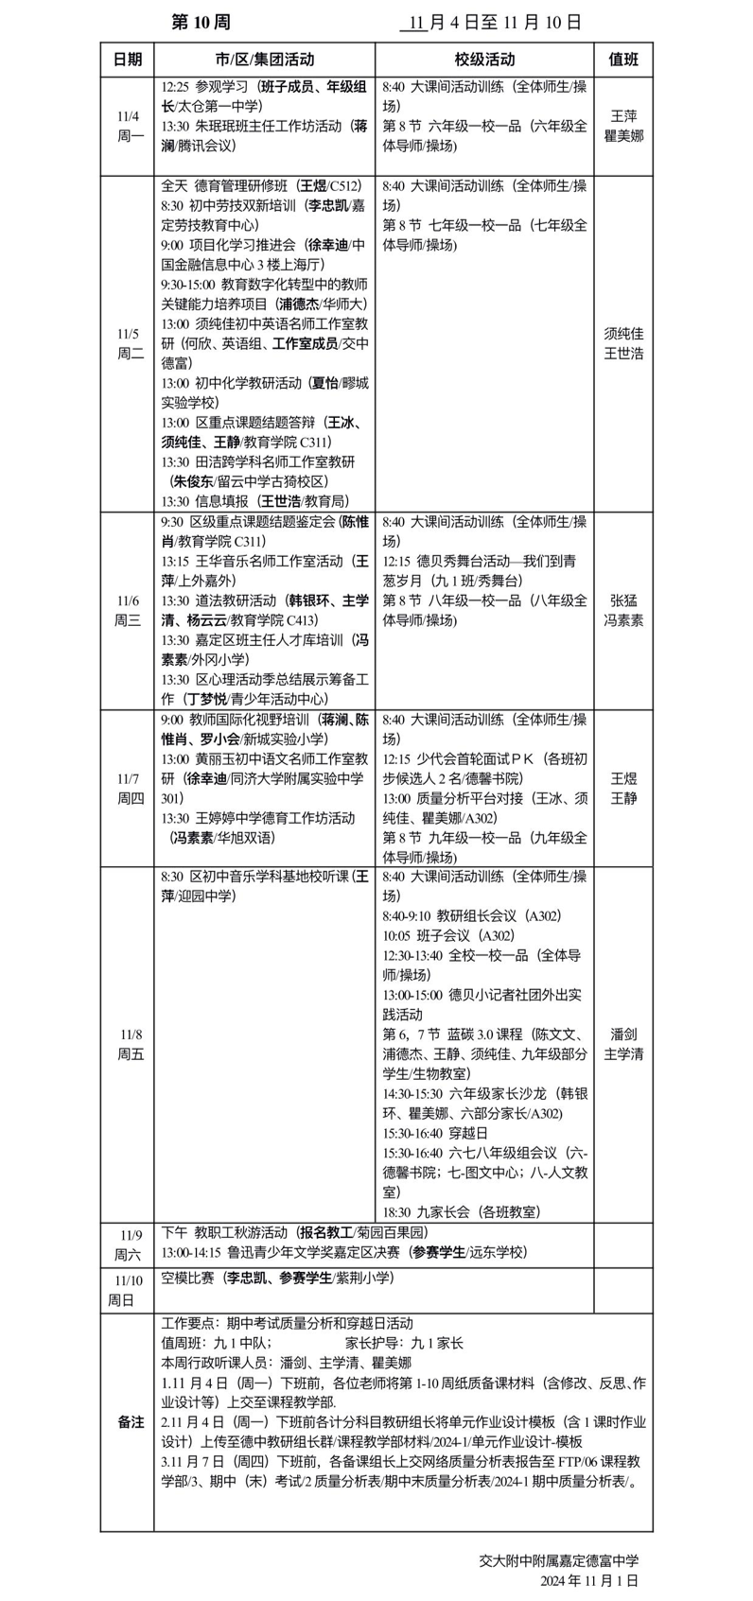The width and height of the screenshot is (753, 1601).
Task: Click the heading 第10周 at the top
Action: coord(200,22)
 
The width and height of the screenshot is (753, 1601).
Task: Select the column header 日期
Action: coord(128,59)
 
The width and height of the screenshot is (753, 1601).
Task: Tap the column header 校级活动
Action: coord(484,59)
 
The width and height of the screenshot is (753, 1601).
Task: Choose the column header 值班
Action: coord(623,59)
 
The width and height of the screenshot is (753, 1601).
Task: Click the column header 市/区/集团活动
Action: coord(264,59)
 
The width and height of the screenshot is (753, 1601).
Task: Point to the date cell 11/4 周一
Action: coord(128,126)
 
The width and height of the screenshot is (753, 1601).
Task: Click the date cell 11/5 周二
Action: coord(129,343)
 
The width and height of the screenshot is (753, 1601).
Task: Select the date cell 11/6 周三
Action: coord(128,611)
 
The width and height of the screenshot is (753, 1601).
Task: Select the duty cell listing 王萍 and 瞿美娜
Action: coord(623,126)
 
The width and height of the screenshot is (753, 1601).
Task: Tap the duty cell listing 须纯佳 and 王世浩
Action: coord(623,343)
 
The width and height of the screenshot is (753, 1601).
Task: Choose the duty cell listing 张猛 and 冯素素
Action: coord(623,611)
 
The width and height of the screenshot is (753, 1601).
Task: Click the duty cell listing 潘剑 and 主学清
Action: coord(623,1044)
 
